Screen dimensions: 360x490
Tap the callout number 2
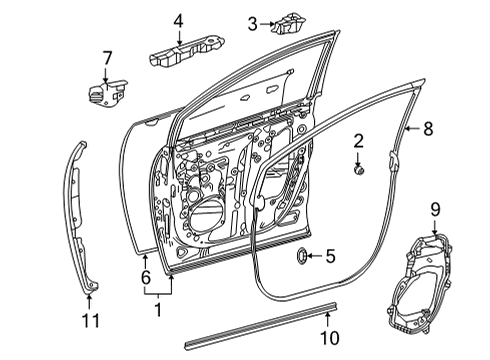[357, 141]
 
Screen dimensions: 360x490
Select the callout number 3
[253, 23]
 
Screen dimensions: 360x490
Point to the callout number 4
[178, 19]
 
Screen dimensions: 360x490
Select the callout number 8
[428, 128]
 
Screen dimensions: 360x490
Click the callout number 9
[435, 208]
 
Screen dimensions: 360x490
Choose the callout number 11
[89, 321]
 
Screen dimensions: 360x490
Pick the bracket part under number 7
[104, 93]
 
